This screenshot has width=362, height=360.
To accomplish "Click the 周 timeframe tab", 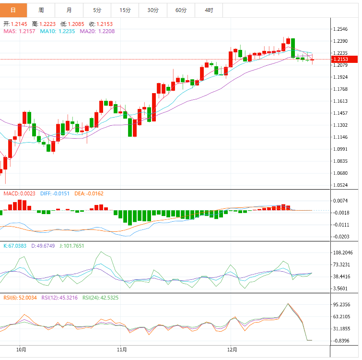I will point(41,10).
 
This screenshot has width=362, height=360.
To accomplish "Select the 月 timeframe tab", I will point(69,10).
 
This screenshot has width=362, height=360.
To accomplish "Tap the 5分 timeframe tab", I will point(97,10).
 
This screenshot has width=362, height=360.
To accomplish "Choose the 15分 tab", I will point(125,10).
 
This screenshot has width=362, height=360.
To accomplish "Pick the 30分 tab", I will point(153,10).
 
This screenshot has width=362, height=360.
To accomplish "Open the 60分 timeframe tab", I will point(181,10).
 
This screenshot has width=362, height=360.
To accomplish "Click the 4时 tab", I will point(209,10).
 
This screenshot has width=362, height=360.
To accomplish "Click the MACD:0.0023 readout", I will point(20,193).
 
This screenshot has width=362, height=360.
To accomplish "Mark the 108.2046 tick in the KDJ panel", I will point(343,252).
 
